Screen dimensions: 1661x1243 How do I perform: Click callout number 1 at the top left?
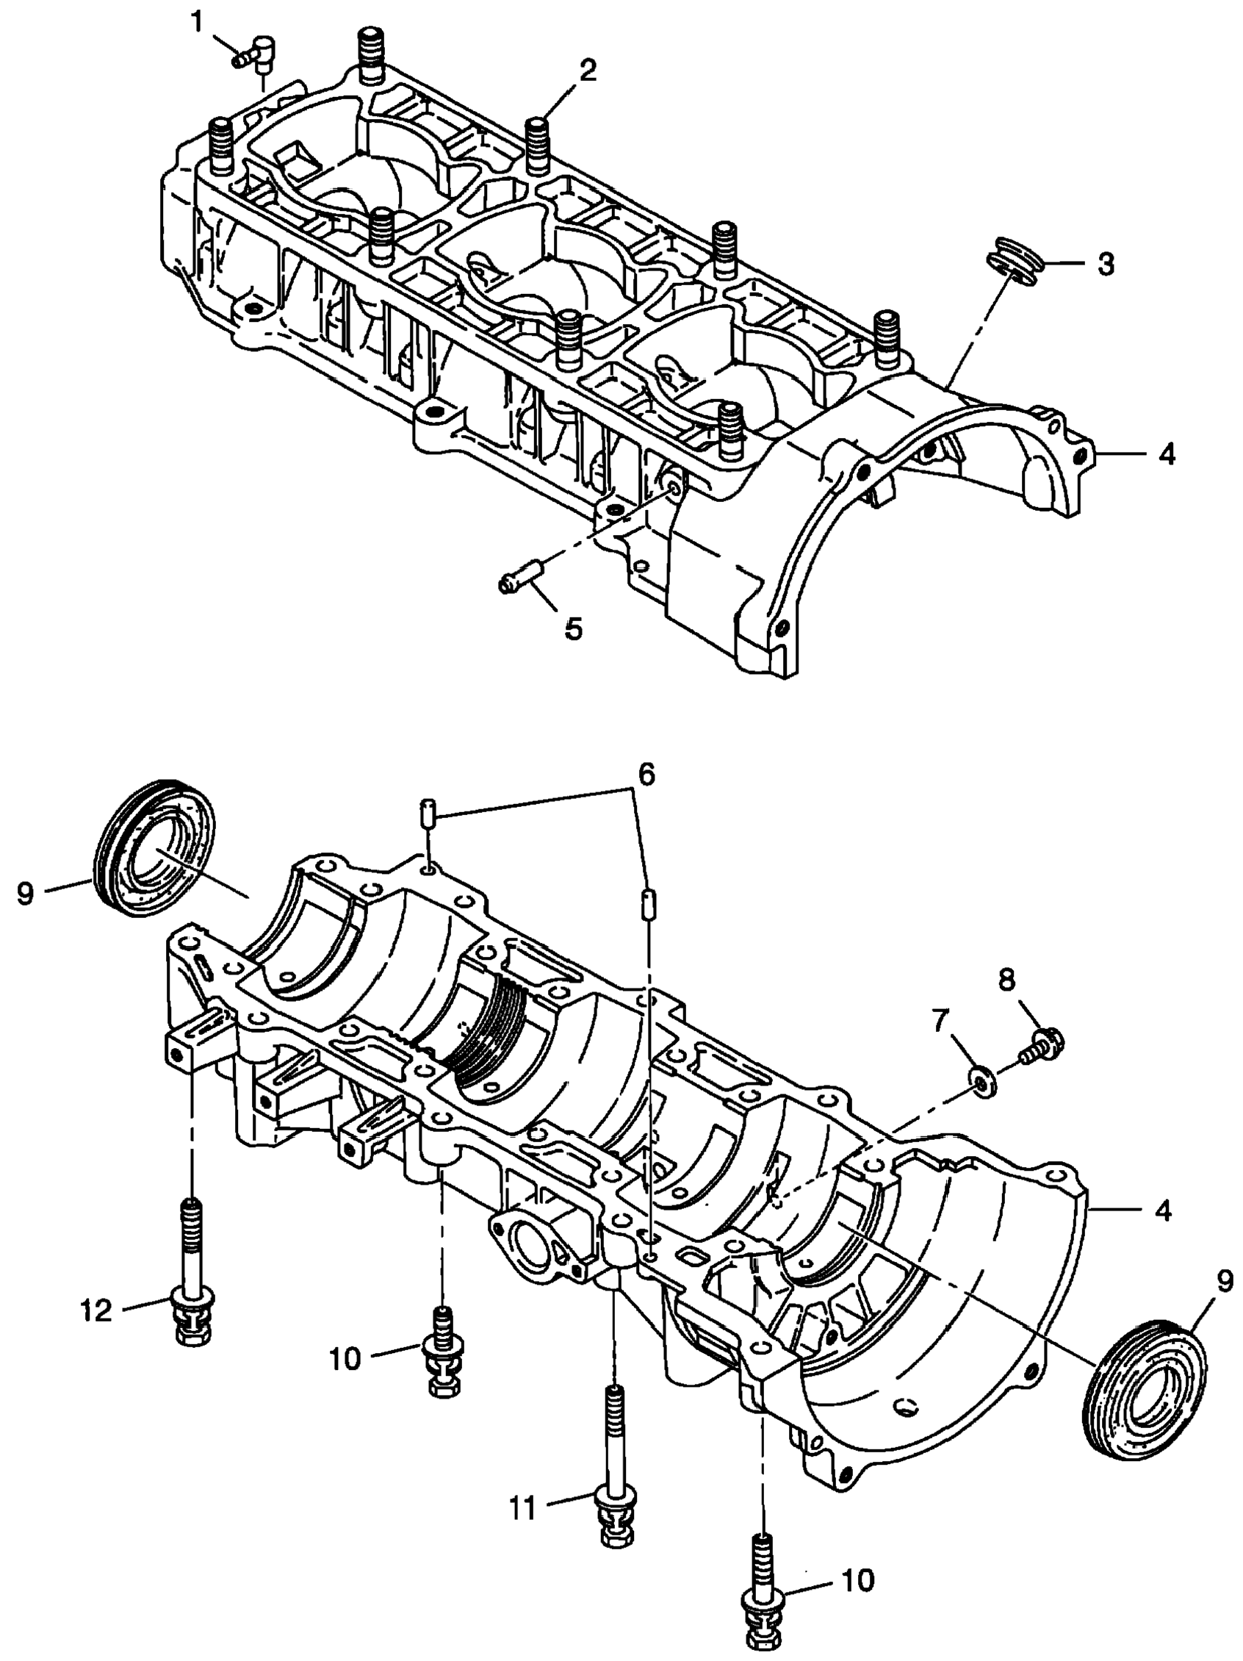[197, 22]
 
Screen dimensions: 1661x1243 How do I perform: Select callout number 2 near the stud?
[588, 71]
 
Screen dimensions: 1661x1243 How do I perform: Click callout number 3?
[1105, 265]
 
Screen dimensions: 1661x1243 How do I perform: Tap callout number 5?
[573, 628]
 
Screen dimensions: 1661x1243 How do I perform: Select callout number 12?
[96, 1312]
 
